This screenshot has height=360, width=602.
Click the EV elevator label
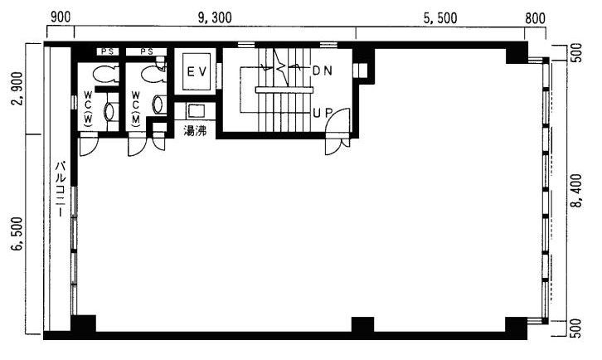[197, 72]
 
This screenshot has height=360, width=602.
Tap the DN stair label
[322, 71]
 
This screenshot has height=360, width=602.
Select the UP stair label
[323, 113]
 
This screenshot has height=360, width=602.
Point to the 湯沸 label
[195, 131]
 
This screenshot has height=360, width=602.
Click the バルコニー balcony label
[61, 188]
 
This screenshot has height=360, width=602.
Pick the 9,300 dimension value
[215, 17]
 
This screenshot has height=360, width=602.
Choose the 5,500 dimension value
[440, 17]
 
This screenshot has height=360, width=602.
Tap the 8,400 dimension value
[576, 191]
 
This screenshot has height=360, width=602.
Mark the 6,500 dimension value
[17, 234]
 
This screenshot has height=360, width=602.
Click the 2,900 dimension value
[17, 89]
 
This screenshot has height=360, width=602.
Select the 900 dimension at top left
[61, 17]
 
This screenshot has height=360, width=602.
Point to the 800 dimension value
[535, 17]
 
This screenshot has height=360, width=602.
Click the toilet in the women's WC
[104, 74]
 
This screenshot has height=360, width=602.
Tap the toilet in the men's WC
[152, 74]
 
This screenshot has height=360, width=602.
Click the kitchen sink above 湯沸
[196, 111]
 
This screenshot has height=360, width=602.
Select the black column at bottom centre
[363, 324]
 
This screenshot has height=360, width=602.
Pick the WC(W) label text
[88, 109]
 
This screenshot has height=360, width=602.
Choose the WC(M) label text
[136, 109]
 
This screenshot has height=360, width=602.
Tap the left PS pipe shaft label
[108, 51]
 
